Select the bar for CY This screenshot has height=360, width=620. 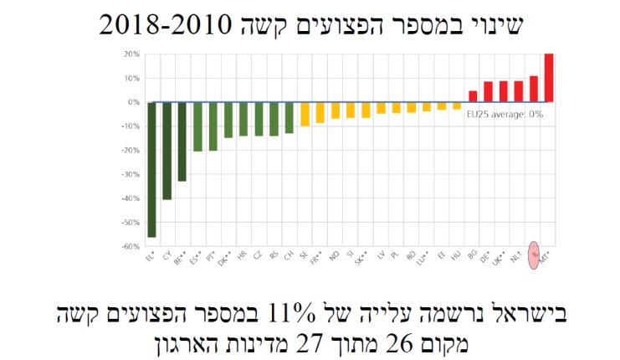click(167, 151)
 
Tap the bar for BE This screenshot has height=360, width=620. click(182, 141)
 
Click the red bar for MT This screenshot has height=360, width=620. click(549, 78)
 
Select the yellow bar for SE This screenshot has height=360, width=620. click(305, 114)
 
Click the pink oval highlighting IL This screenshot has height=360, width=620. click(534, 250)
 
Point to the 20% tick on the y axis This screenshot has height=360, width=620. click(131, 54)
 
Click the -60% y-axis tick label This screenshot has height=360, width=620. click(129, 247)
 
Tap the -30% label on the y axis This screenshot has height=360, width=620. click(129, 175)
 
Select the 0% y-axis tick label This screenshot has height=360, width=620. click(132, 102)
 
